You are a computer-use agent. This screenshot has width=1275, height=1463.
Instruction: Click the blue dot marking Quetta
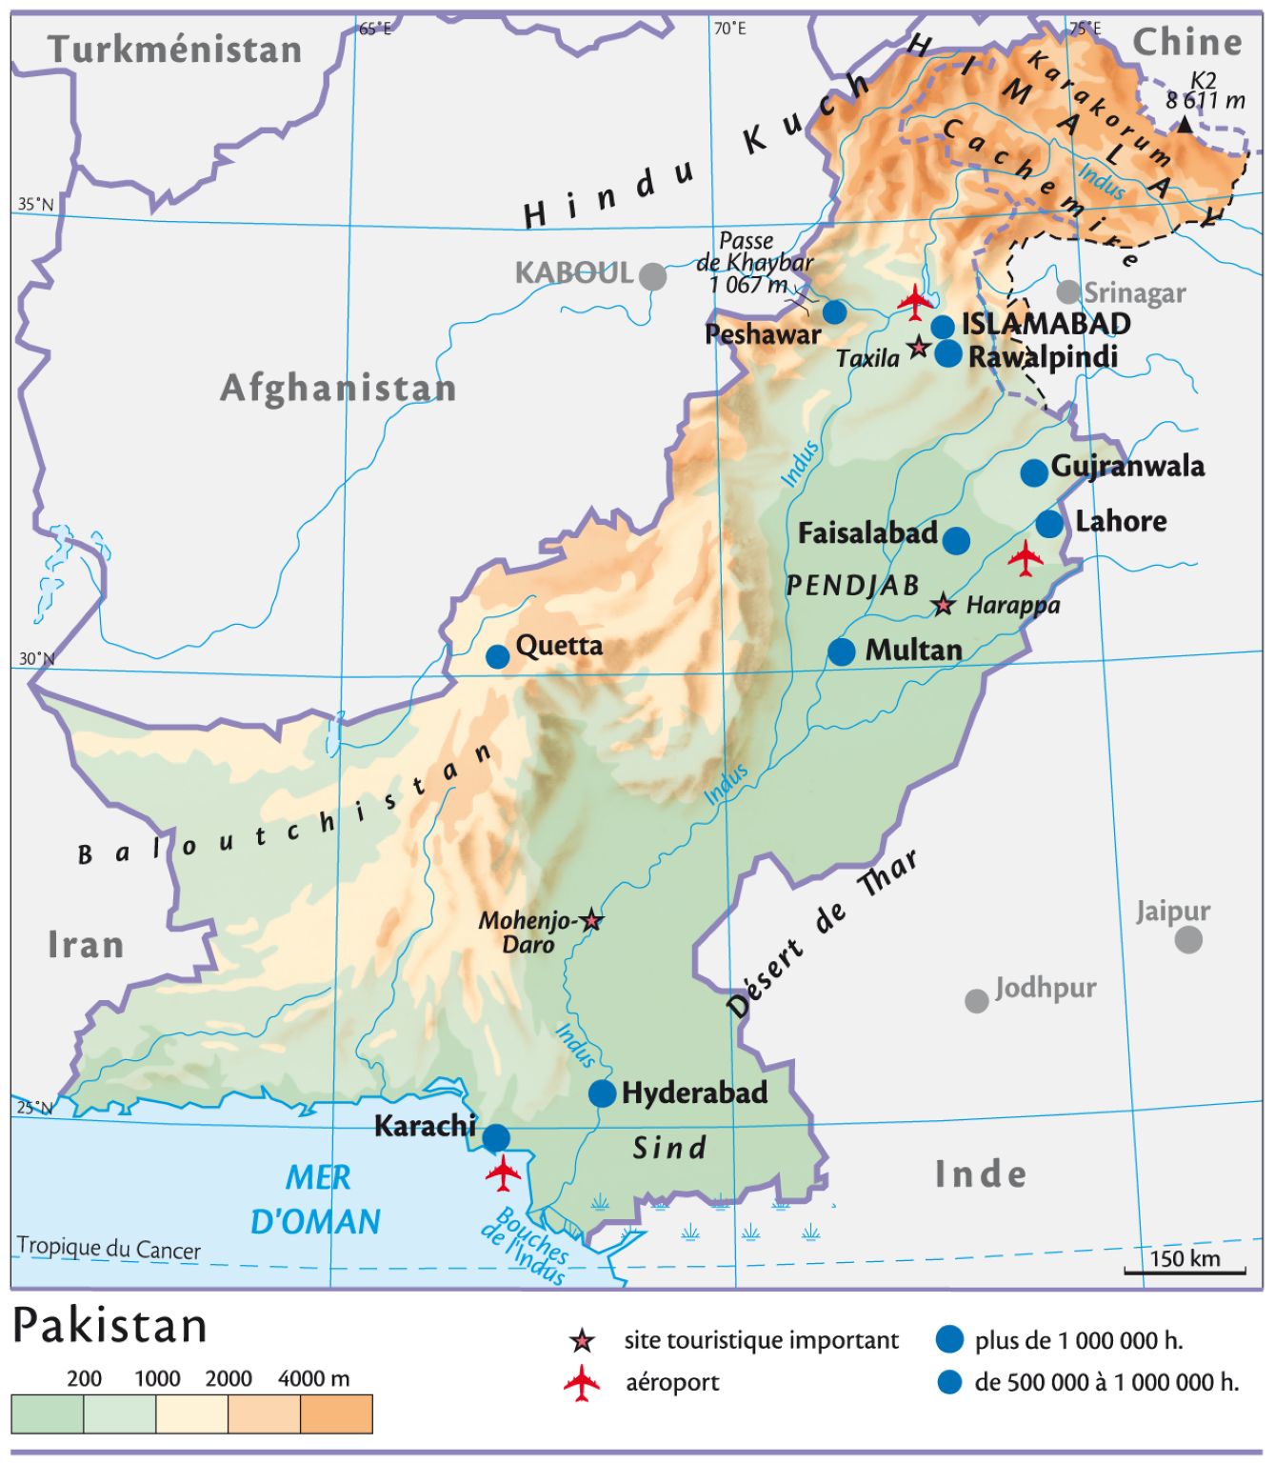coord(498,656)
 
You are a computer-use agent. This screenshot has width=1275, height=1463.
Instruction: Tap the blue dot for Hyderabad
coord(602,1093)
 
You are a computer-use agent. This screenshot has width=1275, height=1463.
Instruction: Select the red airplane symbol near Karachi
coord(503,1172)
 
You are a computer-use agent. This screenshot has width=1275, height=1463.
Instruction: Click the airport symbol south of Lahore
coord(1026,558)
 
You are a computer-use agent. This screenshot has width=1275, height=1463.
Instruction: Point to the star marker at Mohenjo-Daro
coord(591,920)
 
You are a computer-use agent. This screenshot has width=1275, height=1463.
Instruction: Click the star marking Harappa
coord(943,605)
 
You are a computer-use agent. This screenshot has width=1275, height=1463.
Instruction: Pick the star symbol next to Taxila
coord(918,348)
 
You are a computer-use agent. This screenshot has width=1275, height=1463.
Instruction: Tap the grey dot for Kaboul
coord(652,277)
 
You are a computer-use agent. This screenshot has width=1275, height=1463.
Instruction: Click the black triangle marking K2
coord(1184,125)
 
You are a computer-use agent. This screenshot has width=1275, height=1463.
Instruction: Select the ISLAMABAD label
coord(1046,324)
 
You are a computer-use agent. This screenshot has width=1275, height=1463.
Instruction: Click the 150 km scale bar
coord(1185,1271)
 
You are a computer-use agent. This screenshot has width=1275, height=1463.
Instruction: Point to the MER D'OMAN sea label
coord(316,1200)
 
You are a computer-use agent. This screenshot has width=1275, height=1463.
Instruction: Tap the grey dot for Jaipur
coord(1187,940)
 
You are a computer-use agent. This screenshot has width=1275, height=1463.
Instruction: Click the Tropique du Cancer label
coord(109,1248)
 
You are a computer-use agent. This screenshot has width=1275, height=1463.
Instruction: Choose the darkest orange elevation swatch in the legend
coord(336,1413)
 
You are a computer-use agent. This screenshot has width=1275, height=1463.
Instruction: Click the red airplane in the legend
coord(582,1383)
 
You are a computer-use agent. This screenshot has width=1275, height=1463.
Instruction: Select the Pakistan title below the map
coord(110,1326)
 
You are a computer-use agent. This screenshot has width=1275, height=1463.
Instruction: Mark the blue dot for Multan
coord(841,652)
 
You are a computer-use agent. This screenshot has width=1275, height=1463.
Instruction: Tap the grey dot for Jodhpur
coord(976,1001)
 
